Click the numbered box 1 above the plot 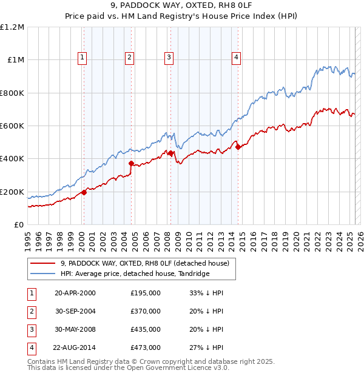[x=82, y=58]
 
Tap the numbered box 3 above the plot [x=168, y=58]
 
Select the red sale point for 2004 [x=131, y=163]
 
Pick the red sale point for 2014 [x=238, y=146]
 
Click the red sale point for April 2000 [x=84, y=192]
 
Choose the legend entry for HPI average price [x=135, y=274]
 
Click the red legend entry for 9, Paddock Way [x=144, y=263]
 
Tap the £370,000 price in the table [x=146, y=311]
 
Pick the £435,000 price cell [x=146, y=329]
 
